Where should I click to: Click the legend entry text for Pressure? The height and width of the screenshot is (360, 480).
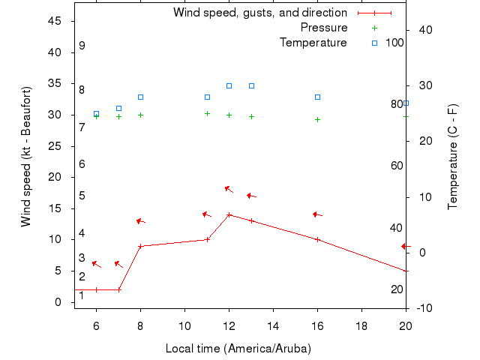point(323,28)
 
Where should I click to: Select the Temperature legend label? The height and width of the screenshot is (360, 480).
point(313,43)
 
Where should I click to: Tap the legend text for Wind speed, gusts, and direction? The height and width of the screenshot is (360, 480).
point(259,13)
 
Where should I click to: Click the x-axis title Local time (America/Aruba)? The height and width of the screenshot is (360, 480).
point(238,349)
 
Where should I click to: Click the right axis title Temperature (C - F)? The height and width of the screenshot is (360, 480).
point(453,156)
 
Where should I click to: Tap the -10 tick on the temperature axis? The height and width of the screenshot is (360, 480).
point(421,308)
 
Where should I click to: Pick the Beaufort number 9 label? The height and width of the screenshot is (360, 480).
point(82,46)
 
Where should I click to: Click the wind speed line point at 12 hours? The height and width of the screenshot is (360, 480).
point(229,214)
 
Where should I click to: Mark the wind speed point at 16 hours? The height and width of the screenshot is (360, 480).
point(317,239)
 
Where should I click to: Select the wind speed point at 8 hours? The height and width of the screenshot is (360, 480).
point(140,246)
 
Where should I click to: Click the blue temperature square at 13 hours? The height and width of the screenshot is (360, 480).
point(251,85)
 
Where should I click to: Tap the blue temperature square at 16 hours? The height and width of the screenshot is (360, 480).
point(317,97)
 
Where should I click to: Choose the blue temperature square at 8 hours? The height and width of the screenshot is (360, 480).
point(140,97)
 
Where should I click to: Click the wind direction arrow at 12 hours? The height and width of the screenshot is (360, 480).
point(229,189)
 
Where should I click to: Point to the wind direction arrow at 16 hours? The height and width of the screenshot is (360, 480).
point(317,214)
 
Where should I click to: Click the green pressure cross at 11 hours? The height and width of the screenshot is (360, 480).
point(207,113)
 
